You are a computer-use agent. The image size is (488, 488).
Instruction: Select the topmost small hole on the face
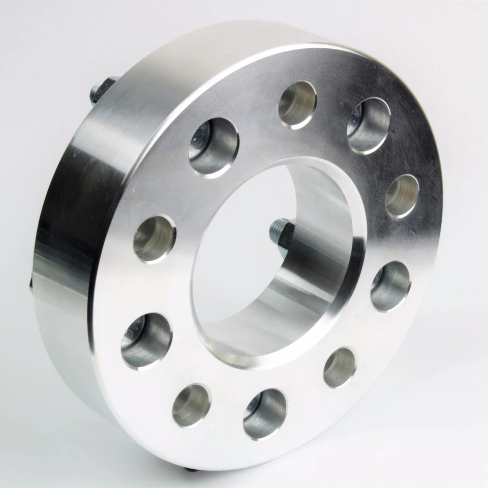[x=297, y=104]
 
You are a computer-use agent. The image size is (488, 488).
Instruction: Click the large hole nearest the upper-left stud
[x=213, y=146]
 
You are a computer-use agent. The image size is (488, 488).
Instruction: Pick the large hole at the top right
[x=369, y=125]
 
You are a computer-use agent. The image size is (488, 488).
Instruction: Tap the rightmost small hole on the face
[x=402, y=196]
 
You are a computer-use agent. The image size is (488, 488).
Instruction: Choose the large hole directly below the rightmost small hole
[x=390, y=286]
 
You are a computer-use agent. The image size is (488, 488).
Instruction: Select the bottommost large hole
[x=264, y=413]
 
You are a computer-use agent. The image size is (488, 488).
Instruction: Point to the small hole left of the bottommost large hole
[x=192, y=405]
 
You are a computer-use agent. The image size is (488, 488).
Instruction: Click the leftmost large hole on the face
[x=146, y=340]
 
